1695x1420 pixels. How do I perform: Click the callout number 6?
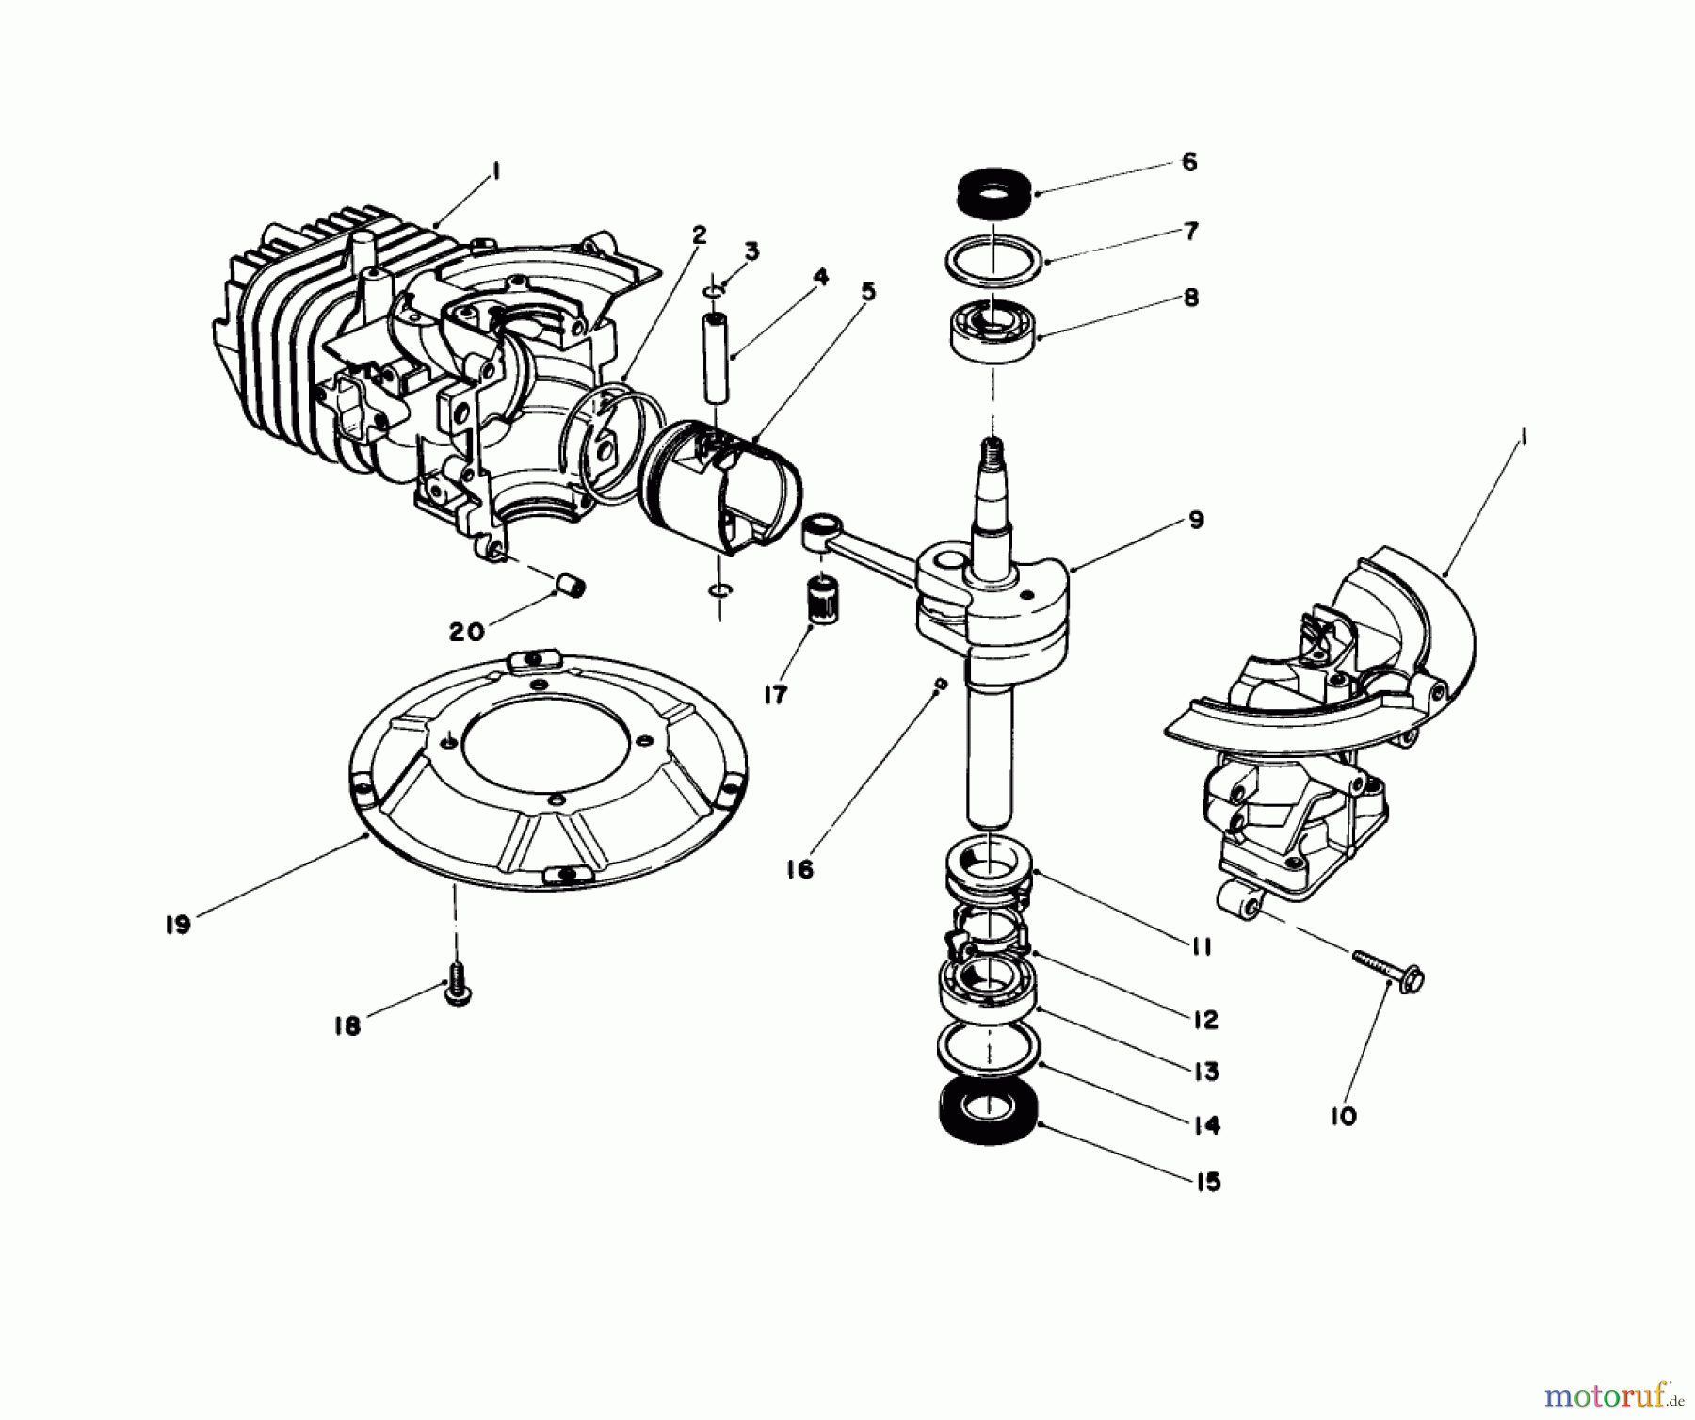[x=1189, y=162]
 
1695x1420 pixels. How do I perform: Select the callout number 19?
[x=177, y=924]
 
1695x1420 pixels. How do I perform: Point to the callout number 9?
[x=1196, y=520]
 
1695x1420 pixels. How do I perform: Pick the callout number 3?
[x=751, y=251]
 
